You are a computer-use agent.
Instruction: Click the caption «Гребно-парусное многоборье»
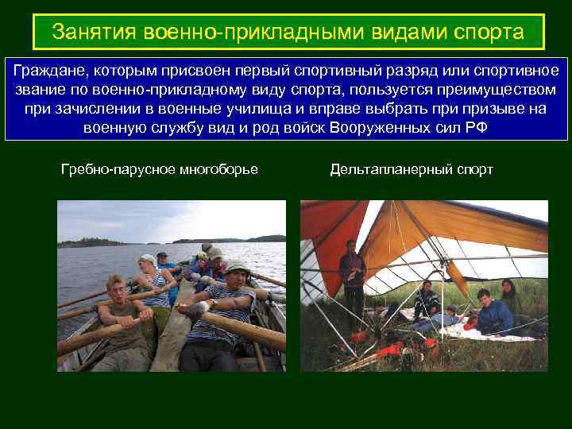point(160,169)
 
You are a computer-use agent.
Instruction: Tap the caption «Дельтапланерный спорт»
point(412,169)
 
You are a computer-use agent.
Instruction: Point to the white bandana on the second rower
point(147,259)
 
